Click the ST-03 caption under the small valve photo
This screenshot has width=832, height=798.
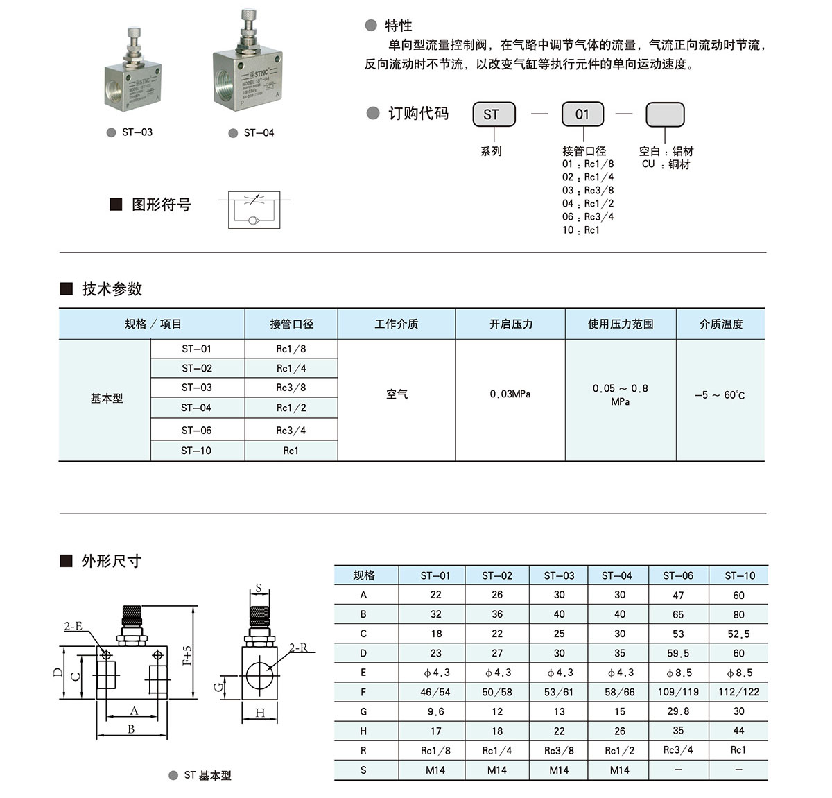(137, 132)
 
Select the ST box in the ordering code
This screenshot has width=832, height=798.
(494, 114)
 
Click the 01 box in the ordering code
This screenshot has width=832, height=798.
(582, 114)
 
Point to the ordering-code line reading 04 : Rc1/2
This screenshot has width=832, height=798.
(587, 204)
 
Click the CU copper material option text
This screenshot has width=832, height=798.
(666, 165)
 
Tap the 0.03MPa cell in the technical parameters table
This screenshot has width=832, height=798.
(510, 394)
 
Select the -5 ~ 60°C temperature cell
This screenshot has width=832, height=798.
(720, 395)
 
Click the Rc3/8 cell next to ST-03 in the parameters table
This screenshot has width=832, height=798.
(291, 388)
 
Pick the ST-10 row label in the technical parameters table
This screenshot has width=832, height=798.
(196, 451)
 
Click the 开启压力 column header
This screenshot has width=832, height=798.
(510, 324)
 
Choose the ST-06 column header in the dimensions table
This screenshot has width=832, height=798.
(677, 575)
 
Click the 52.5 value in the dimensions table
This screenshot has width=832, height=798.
(738, 634)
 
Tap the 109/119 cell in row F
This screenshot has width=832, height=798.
(677, 692)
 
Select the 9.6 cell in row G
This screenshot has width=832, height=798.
(435, 711)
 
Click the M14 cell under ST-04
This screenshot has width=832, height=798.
(619, 770)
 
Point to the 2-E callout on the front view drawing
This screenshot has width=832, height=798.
(73, 626)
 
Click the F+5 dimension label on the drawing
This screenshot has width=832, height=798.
(187, 655)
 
